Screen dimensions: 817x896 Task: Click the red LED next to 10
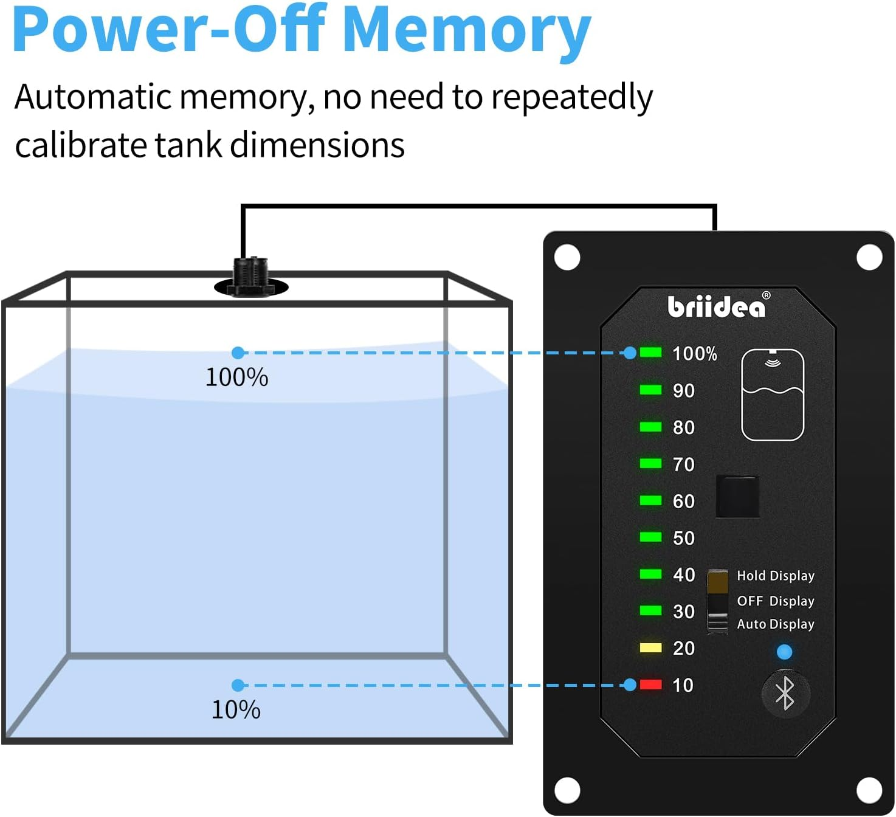[650, 685]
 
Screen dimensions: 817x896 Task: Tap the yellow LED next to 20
[650, 648]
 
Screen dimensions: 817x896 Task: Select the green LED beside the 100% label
[650, 353]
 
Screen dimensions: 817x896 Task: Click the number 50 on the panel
[683, 538]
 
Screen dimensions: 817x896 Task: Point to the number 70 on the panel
[683, 464]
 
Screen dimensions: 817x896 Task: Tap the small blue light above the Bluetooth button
[784, 652]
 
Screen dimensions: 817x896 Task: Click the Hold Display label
[775, 576]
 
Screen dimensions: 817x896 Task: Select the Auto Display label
[775, 624]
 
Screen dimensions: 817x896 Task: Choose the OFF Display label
[775, 601]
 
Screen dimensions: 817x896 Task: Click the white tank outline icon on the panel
[773, 395]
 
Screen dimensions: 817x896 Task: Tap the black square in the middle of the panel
[737, 497]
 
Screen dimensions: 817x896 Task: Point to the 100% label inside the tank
[236, 377]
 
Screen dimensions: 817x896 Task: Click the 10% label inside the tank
[236, 710]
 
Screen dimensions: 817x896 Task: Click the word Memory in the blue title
[466, 30]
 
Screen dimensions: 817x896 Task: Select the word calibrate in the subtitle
[80, 146]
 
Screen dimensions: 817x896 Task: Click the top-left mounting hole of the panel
[567, 257]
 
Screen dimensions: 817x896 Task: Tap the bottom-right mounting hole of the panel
[869, 790]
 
